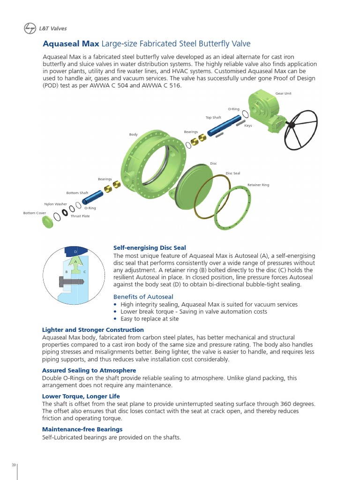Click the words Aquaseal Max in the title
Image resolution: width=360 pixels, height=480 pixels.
tap(71, 44)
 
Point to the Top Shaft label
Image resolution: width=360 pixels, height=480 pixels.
tap(213, 117)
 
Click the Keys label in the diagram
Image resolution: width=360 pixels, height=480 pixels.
tap(248, 126)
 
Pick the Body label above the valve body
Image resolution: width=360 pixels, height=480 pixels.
tap(133, 135)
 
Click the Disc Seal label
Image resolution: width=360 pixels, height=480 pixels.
tap(232, 173)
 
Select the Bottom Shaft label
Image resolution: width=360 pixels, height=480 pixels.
tap(77, 193)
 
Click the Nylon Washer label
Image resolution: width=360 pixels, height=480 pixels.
tap(55, 204)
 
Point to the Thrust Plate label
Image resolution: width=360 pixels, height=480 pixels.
tap(80, 216)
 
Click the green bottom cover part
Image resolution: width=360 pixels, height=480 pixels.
tap(48, 223)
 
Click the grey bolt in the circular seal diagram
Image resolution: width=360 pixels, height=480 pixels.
tap(70, 282)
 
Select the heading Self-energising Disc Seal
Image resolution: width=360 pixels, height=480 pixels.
tap(150, 247)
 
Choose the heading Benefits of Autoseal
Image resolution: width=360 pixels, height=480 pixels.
tap(143, 297)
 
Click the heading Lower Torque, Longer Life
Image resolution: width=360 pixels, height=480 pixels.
tap(81, 396)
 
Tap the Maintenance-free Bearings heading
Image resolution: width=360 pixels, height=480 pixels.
tap(82, 429)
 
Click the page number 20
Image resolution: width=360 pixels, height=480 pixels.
tap(14, 465)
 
